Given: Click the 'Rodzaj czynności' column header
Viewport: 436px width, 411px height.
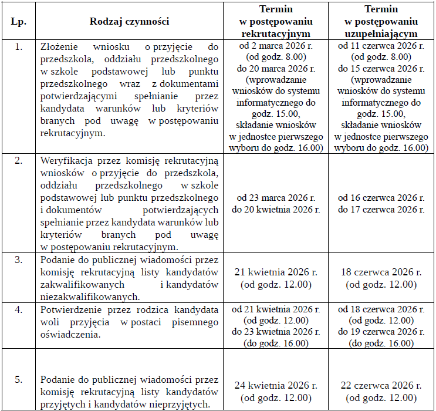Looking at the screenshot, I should [129, 22].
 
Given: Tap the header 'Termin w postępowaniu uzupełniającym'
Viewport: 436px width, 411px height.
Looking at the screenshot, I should [381, 22].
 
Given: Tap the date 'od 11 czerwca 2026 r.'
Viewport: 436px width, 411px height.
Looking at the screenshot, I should [381, 46].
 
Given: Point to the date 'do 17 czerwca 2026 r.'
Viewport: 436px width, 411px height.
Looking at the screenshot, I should [381, 209].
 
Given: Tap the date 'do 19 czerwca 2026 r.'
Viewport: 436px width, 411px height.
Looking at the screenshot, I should [381, 332].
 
